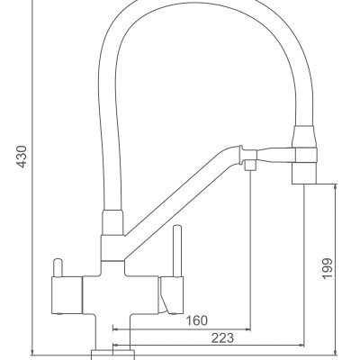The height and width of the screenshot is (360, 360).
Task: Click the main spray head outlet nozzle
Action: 304,174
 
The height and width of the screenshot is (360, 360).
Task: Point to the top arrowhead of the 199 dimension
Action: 336,186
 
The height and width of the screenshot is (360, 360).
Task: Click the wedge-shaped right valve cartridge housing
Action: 167,292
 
